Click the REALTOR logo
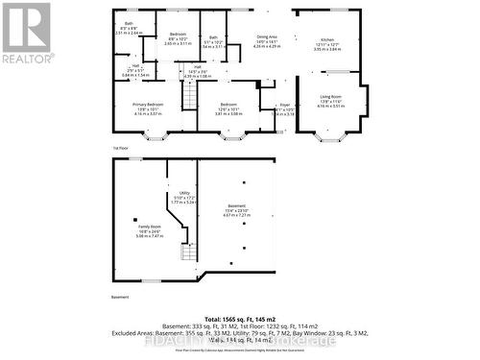coord(26,34)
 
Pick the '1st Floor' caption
coord(121,148)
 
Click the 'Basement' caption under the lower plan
coord(119,297)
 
